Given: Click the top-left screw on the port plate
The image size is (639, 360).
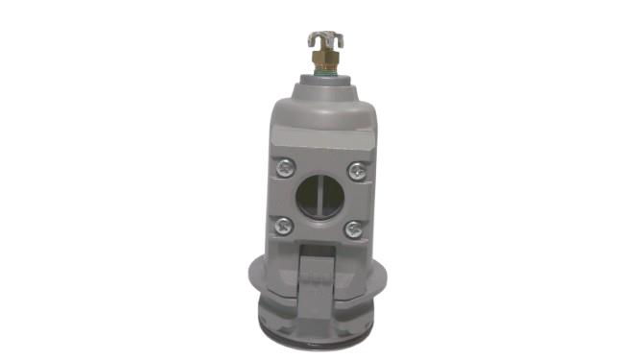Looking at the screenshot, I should point(285,169).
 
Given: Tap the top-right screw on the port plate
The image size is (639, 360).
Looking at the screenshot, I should point(355,171).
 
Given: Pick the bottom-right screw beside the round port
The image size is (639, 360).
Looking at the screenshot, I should point(354,228).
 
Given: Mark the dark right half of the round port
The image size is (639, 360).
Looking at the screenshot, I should point(330,199).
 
